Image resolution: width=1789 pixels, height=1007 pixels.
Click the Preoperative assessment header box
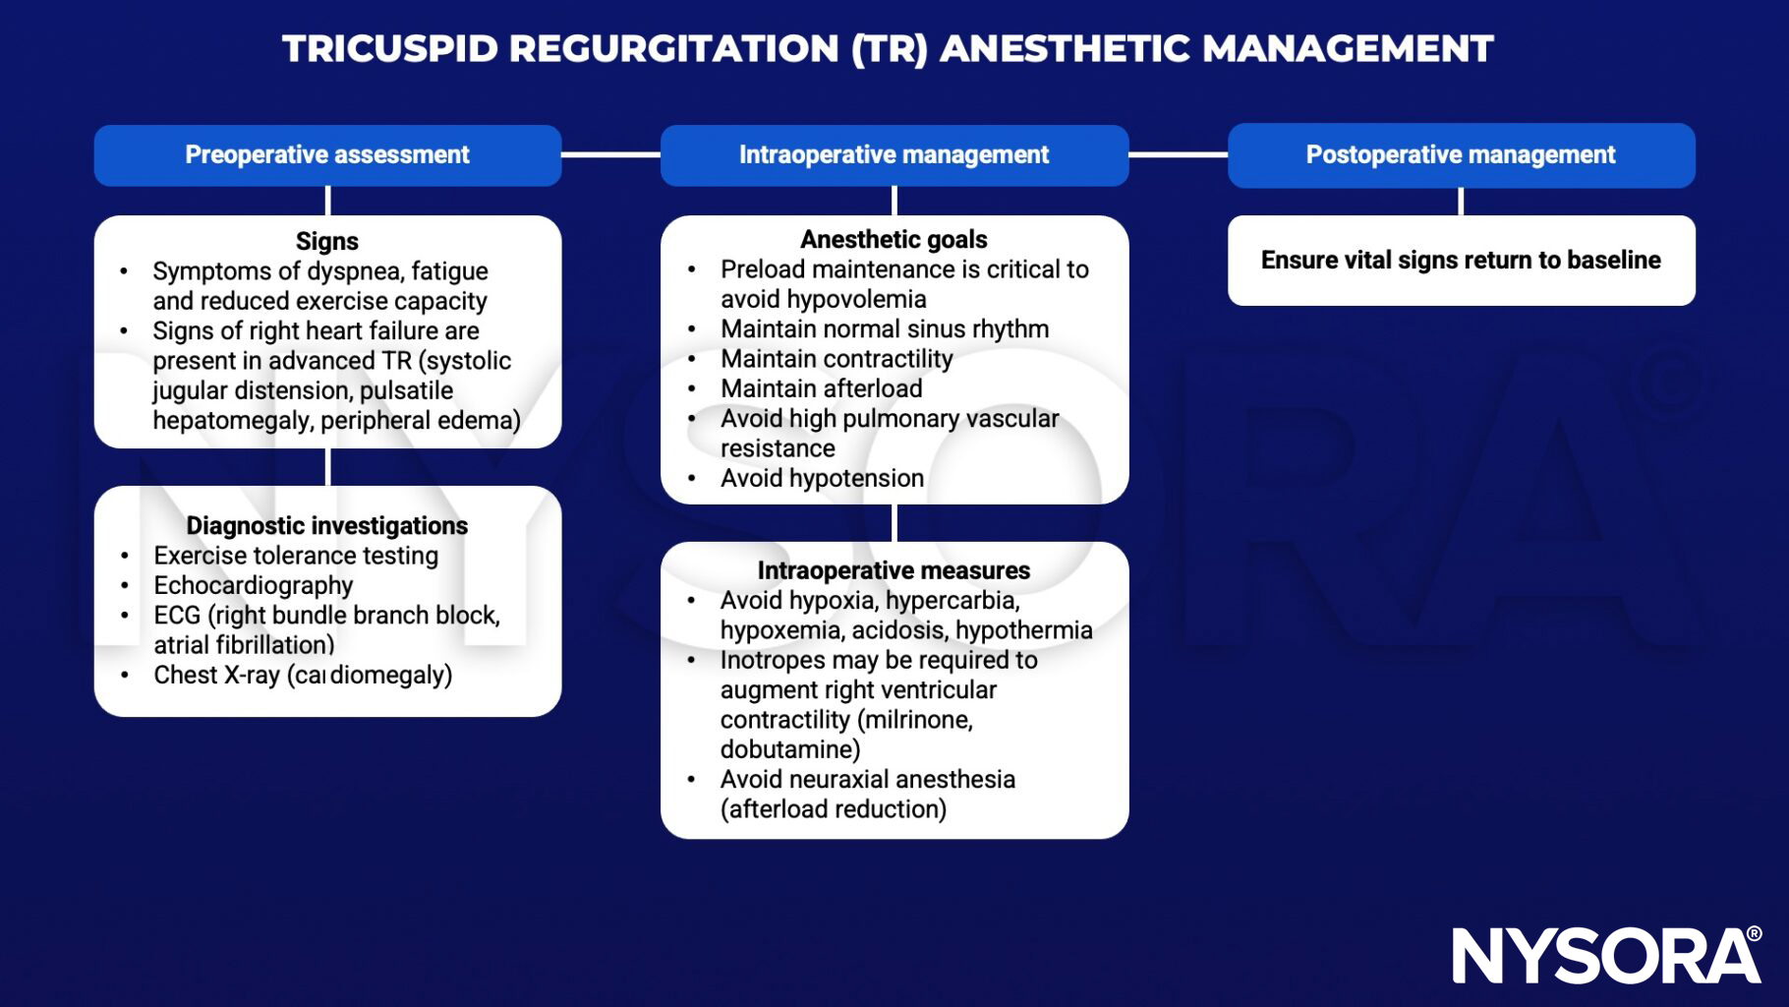tap(327, 155)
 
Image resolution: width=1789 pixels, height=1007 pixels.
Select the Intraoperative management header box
tap(894, 155)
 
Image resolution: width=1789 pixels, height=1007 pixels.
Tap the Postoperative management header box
tap(1461, 155)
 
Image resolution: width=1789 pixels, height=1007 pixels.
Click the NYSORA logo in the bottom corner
tap(1606, 955)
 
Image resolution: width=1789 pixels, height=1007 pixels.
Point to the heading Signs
tap(327, 241)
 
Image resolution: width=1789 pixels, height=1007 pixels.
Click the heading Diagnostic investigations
tap(327, 526)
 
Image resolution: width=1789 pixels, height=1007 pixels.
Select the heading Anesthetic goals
tap(894, 240)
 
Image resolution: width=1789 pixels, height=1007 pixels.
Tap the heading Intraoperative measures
tap(894, 571)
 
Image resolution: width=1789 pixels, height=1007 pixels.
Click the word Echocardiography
tap(253, 586)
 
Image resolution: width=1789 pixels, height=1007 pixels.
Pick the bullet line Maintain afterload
tap(821, 389)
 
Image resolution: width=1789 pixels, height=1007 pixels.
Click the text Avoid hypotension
tap(822, 479)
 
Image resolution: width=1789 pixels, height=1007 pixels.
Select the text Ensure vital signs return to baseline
tap(1461, 261)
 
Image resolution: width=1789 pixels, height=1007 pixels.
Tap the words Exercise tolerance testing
tap(296, 557)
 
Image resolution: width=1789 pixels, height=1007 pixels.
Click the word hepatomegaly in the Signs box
tap(232, 421)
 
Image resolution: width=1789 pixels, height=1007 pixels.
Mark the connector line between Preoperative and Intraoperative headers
tap(610, 155)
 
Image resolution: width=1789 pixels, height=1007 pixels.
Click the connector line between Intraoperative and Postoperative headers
tap(1178, 155)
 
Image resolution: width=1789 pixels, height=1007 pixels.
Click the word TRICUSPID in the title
tap(390, 49)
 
